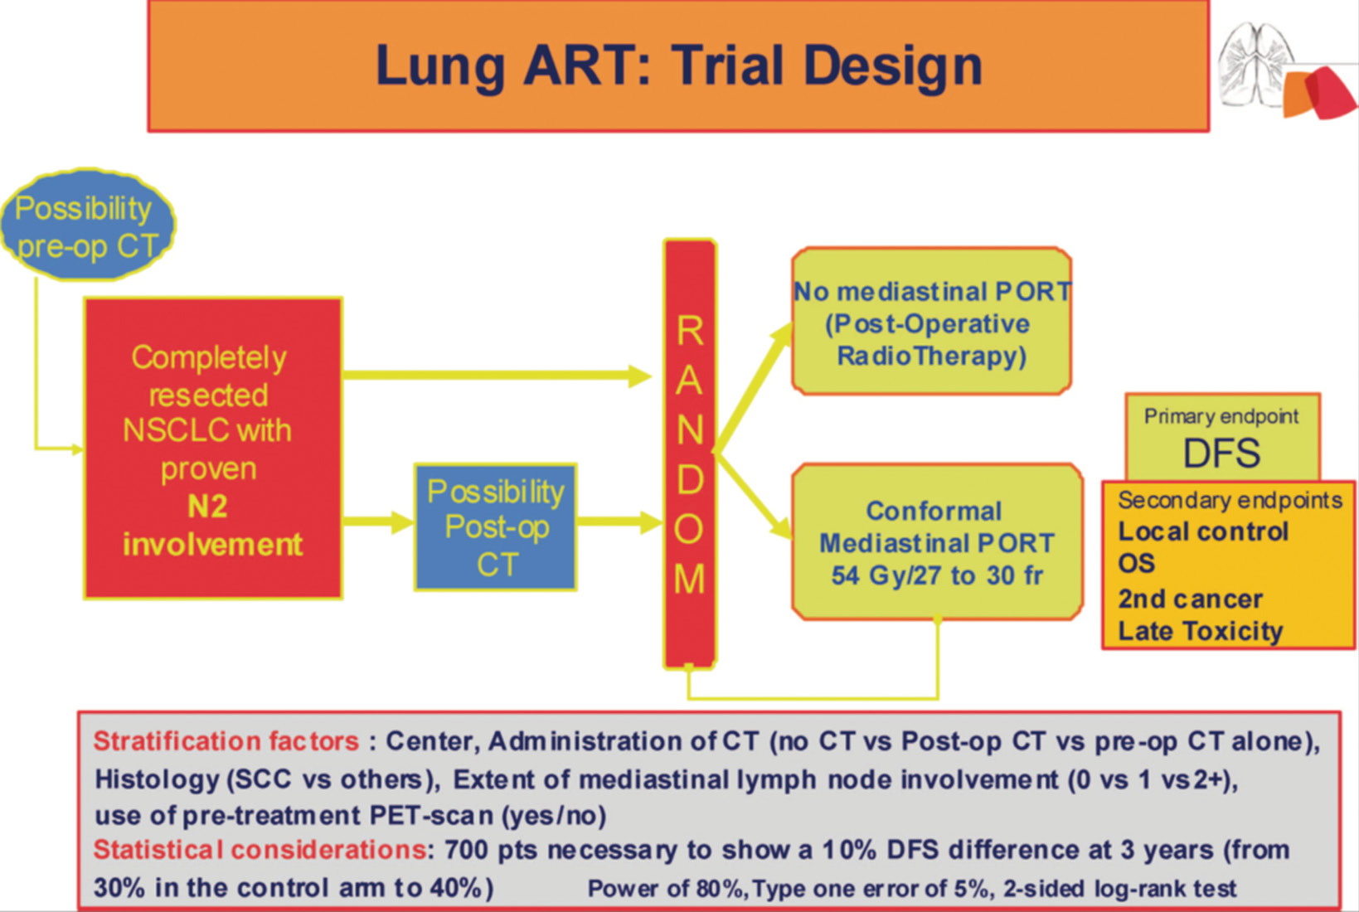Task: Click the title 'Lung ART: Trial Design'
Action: [678, 66]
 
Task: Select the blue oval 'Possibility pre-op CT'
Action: [88, 226]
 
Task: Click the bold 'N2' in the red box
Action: [207, 507]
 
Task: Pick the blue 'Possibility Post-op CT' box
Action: [496, 526]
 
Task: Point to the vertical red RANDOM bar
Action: [690, 454]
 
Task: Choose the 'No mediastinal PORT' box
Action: [932, 321]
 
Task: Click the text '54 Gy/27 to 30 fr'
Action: [937, 575]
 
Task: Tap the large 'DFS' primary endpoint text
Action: [1221, 453]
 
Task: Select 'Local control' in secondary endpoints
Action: [1202, 531]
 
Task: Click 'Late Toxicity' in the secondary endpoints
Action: [1200, 631]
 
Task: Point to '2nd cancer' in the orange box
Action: [1191, 599]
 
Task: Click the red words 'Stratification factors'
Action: [226, 741]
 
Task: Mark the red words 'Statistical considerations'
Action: [260, 850]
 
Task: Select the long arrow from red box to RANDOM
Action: [497, 376]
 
